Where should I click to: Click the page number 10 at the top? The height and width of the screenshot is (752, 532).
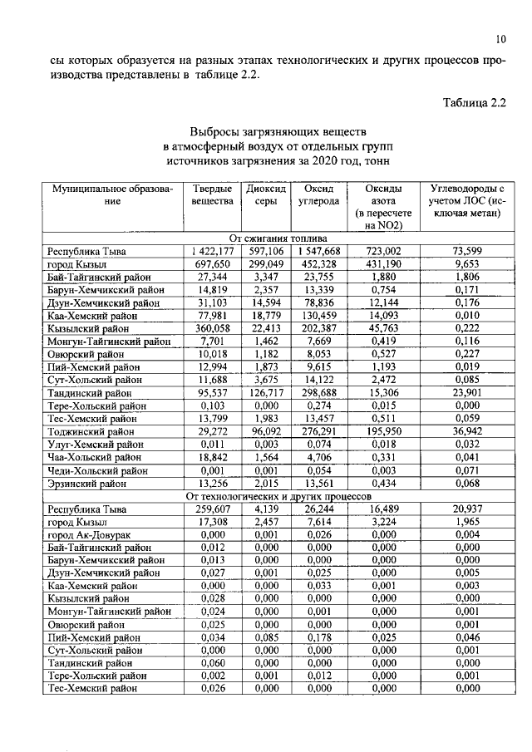pyautogui.click(x=500, y=38)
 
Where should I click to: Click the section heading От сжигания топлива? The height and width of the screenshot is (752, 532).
pyautogui.click(x=278, y=238)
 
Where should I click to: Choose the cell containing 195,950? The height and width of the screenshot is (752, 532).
pyautogui.click(x=378, y=433)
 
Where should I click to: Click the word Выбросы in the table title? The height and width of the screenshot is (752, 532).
pyautogui.click(x=219, y=131)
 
